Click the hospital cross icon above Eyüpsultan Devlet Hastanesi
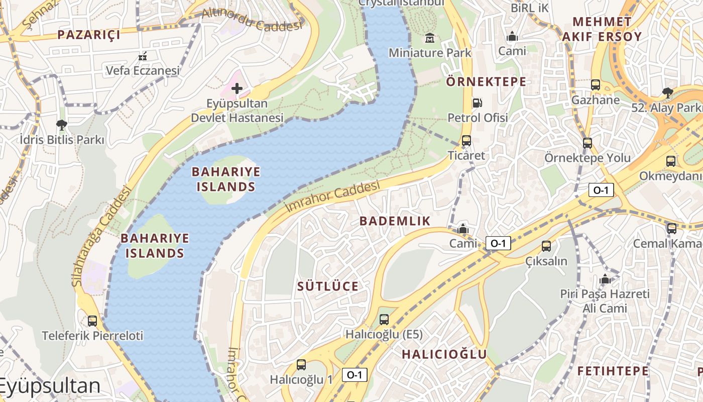click(237, 89)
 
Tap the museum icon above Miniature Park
click(430, 38)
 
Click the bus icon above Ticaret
click(466, 141)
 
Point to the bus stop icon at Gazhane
click(596, 85)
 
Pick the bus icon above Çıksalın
click(546, 246)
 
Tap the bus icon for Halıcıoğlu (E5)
click(384, 319)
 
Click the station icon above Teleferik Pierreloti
click(92, 321)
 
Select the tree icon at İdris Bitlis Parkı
click(62, 124)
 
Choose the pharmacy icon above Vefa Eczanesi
click(143, 56)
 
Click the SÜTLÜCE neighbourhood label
click(328, 286)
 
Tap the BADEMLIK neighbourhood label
click(395, 221)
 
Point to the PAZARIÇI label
click(89, 35)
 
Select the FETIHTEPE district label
click(613, 371)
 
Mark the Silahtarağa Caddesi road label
click(100, 236)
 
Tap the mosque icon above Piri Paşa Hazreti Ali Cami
click(605, 279)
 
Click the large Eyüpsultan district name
click(50, 386)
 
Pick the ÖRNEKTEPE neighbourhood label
click(486, 81)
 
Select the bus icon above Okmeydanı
click(671, 161)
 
